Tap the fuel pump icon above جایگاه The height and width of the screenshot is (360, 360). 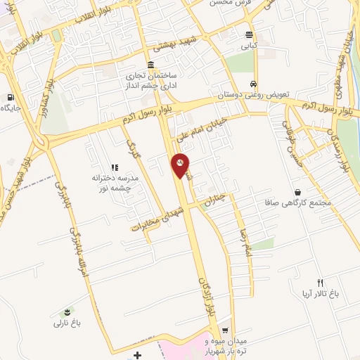pyautogui.click(x=10, y=97)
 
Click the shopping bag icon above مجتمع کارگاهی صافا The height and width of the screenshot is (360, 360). pyautogui.click(x=298, y=192)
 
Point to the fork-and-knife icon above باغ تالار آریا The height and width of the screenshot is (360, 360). pyautogui.click(x=320, y=282)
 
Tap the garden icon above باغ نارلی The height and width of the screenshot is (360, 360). pyautogui.click(x=67, y=311)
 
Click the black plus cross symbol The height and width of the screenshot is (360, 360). pyautogui.click(x=137, y=354)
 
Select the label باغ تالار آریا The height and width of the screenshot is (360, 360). pyautogui.click(x=317, y=294)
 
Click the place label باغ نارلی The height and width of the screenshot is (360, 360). pyautogui.click(x=68, y=323)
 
